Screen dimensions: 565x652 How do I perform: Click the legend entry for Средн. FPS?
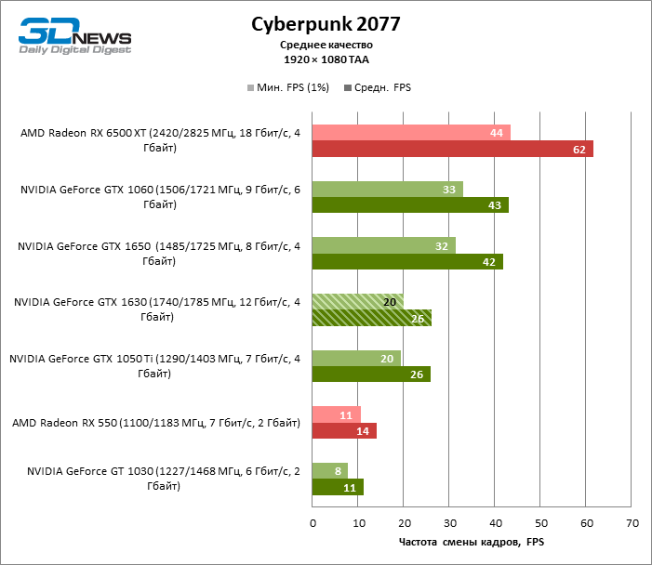(x=378, y=88)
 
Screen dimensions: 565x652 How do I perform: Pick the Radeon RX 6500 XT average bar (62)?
(x=452, y=150)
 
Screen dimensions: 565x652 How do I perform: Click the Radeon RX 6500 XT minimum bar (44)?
(x=411, y=133)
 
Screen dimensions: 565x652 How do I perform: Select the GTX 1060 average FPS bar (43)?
(x=410, y=205)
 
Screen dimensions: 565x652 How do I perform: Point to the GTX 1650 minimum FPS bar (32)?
(x=383, y=245)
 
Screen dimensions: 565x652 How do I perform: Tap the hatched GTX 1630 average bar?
(x=372, y=318)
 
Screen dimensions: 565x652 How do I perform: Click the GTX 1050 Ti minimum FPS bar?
(x=356, y=358)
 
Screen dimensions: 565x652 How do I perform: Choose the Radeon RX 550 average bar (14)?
(x=344, y=431)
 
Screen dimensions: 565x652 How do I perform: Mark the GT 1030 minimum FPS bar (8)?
(x=330, y=470)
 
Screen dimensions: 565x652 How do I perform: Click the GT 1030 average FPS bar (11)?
(x=338, y=487)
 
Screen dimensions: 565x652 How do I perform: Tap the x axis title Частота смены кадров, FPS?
(x=472, y=542)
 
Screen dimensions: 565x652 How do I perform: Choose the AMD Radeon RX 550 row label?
(x=156, y=423)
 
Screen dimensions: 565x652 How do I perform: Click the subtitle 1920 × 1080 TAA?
(x=326, y=59)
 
